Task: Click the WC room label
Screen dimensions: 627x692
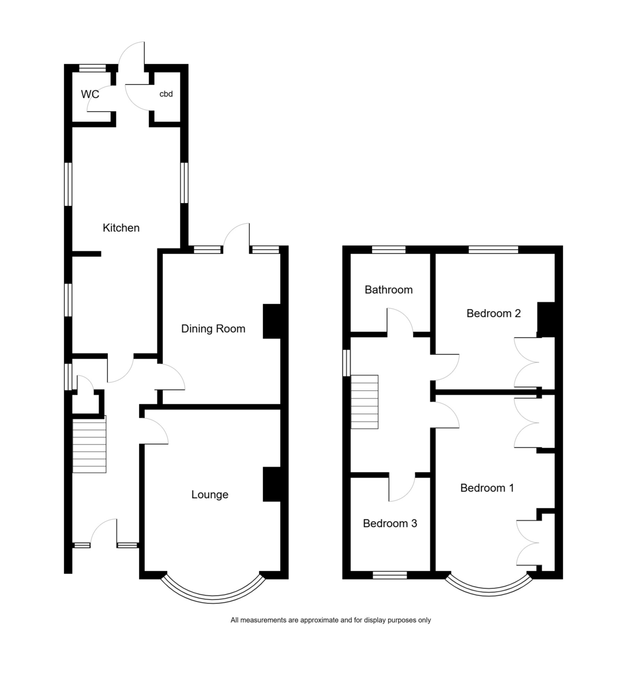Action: point(90,94)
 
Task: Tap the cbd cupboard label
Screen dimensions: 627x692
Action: point(166,94)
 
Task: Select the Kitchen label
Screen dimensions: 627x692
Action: point(121,228)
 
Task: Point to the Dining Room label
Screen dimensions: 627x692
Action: point(213,329)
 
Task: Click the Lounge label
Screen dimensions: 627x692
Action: point(210,495)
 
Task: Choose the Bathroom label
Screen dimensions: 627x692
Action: point(389,289)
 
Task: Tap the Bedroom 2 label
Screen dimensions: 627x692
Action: point(493,313)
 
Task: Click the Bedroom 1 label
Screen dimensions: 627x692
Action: point(487,488)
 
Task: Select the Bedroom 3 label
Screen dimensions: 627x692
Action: point(390,523)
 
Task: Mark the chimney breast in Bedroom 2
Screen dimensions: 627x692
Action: point(546,319)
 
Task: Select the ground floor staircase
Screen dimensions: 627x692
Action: point(89,444)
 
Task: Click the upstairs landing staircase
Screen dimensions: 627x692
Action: point(365,402)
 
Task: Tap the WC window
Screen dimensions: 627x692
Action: point(92,68)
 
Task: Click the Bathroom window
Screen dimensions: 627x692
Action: point(389,250)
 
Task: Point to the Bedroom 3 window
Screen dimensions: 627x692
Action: point(390,575)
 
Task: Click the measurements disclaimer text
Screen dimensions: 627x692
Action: point(331,620)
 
